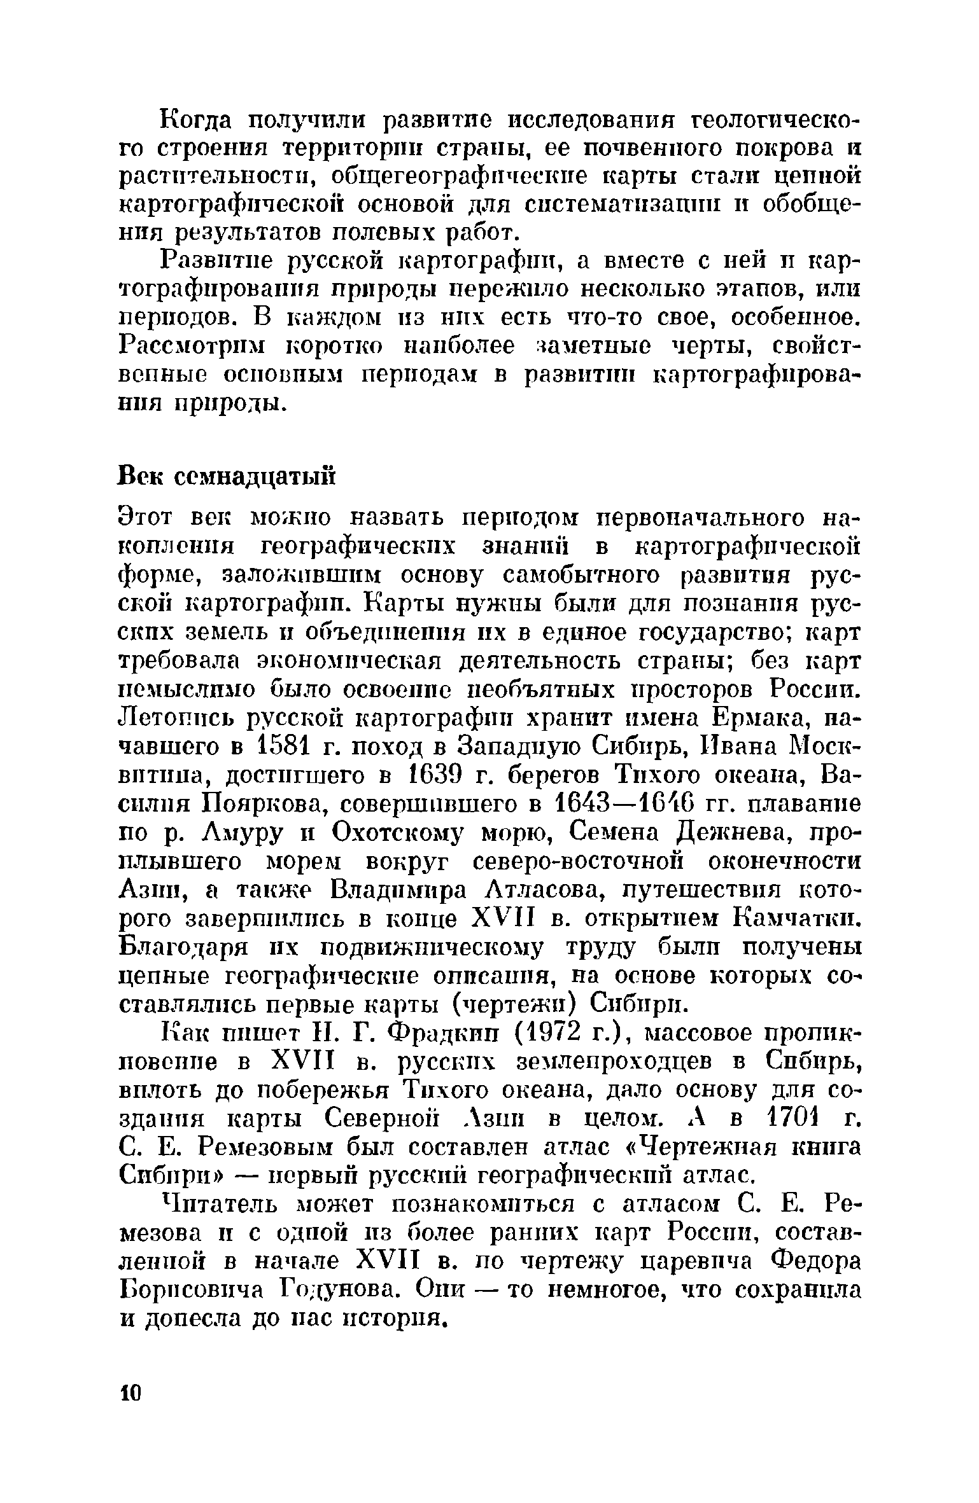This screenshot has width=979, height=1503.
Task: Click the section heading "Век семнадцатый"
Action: coord(227,475)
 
